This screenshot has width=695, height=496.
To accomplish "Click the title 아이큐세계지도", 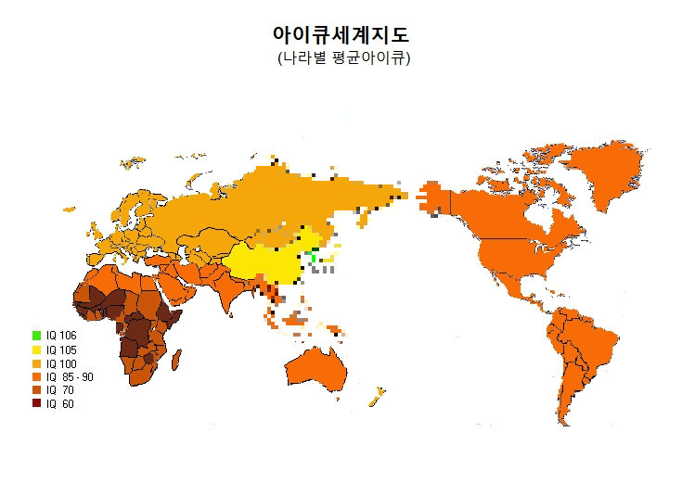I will pos(341,34).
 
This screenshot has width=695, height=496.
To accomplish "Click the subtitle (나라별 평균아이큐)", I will pos(343,57).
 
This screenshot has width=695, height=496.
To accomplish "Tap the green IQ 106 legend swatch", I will pos(36,335).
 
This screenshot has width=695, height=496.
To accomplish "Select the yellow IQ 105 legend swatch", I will pos(36,349).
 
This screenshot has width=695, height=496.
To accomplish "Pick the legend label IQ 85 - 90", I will pos(69,376).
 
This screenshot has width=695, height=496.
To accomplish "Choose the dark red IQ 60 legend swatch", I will pos(36,403).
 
